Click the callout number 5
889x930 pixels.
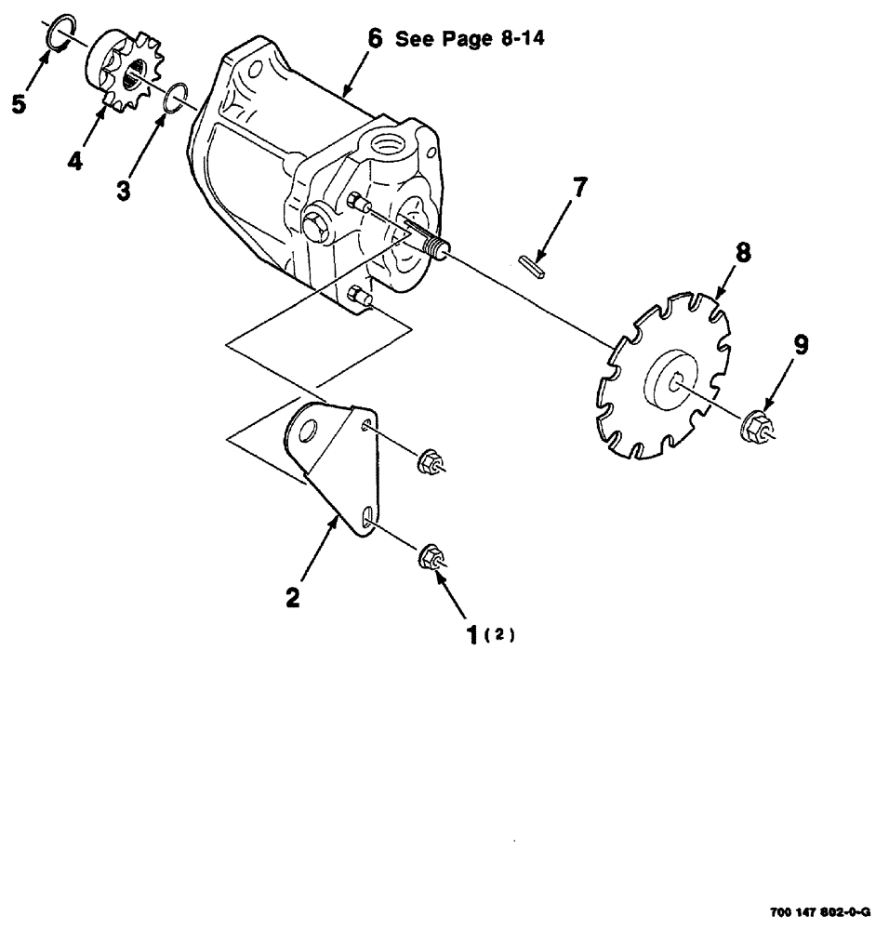click(19, 104)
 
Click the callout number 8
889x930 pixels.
click(743, 253)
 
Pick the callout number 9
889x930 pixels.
click(800, 345)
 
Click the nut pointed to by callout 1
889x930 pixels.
click(431, 559)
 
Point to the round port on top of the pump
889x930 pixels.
click(389, 144)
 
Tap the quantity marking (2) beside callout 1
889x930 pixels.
click(502, 635)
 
